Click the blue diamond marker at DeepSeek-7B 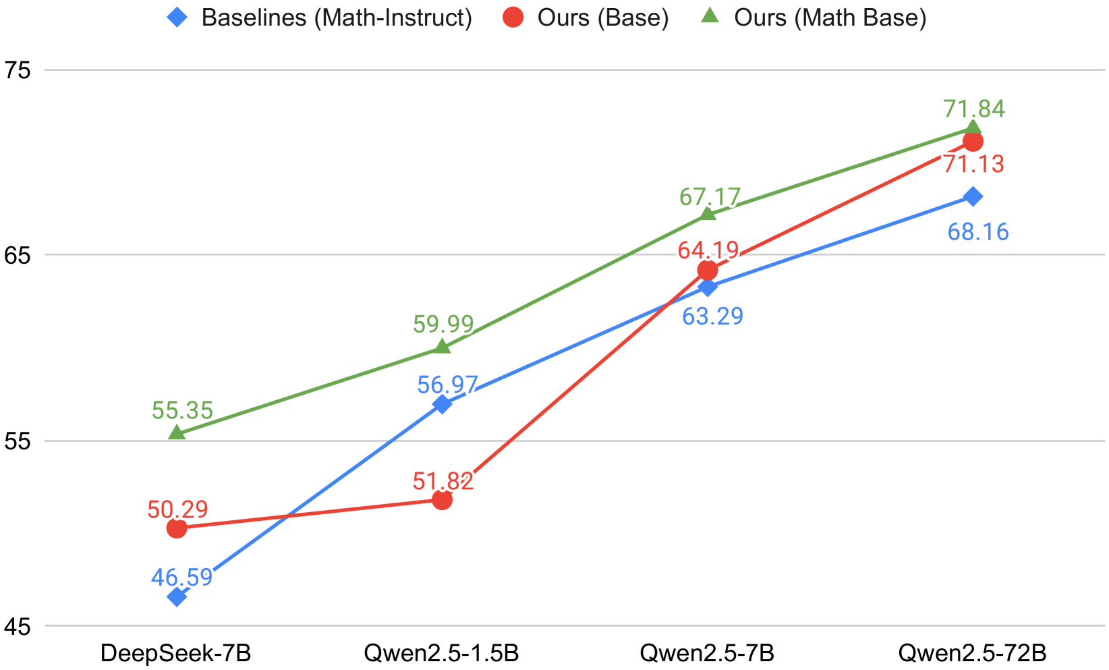point(177,596)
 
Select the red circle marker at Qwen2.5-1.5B point(442,500)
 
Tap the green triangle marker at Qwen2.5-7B point(708,215)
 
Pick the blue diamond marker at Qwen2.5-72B point(973,196)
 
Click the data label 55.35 point(182,410)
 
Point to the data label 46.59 point(182,578)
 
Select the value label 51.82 point(443,481)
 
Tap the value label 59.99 point(443,325)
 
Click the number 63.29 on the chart point(712,316)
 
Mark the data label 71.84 point(974,109)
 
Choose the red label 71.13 point(973,164)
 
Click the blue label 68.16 point(978,232)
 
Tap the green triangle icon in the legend point(710,16)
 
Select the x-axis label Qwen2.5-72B point(972,653)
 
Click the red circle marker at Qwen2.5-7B point(708,271)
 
